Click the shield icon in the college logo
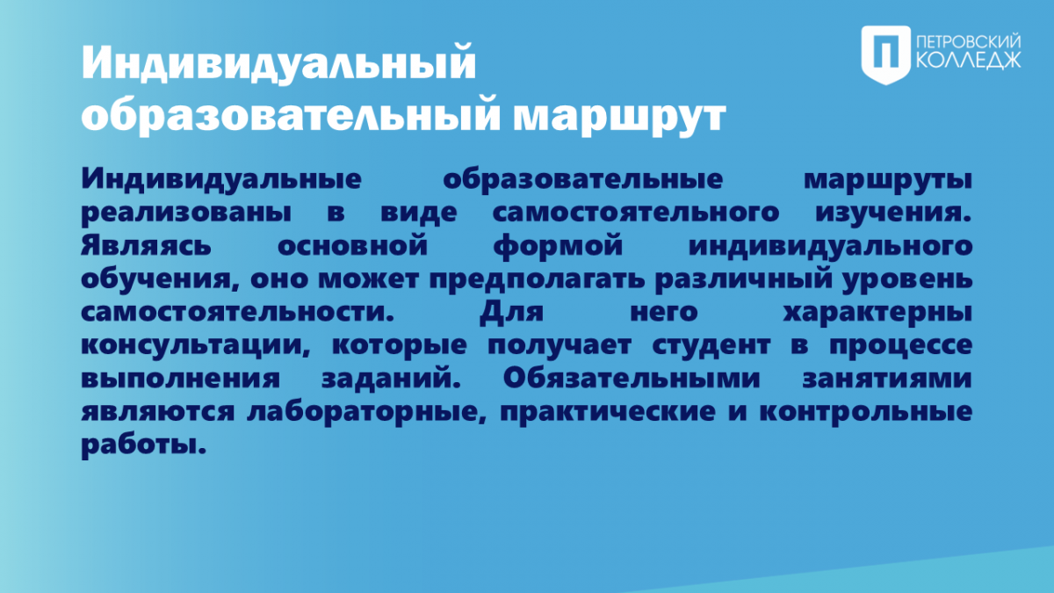(x=886, y=55)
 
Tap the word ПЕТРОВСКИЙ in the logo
(x=969, y=42)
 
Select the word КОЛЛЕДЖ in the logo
(x=969, y=61)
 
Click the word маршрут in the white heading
(x=619, y=117)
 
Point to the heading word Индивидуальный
(x=278, y=63)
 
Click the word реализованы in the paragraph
(x=186, y=213)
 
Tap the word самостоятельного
(x=636, y=213)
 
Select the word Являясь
(x=147, y=246)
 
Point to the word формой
(x=558, y=247)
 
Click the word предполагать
(x=537, y=279)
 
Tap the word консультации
(x=196, y=346)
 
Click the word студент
(x=711, y=346)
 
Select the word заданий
(x=391, y=378)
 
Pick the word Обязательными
(x=632, y=378)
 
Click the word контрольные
(x=866, y=412)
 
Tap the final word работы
(x=144, y=445)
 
